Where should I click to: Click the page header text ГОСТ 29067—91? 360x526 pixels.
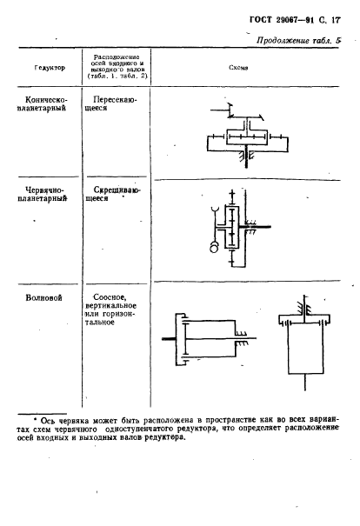282,20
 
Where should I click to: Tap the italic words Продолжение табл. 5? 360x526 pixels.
298,41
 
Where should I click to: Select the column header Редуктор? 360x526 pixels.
50,68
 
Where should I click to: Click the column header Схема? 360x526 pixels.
238,68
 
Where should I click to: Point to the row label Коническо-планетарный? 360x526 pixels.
43,104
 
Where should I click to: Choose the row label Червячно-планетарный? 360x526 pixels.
43,194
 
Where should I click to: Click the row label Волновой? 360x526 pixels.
44,298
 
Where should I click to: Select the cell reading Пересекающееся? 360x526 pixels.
110,103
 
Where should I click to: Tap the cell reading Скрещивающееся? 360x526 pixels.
113,194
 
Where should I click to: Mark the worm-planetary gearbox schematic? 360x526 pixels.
239,228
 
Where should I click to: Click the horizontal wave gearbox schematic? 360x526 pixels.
209,339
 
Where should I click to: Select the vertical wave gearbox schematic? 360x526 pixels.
304,343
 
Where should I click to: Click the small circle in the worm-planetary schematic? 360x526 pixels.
214,248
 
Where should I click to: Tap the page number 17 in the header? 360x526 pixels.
336,20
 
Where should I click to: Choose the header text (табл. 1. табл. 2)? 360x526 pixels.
117,76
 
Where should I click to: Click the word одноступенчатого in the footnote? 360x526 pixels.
139,429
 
